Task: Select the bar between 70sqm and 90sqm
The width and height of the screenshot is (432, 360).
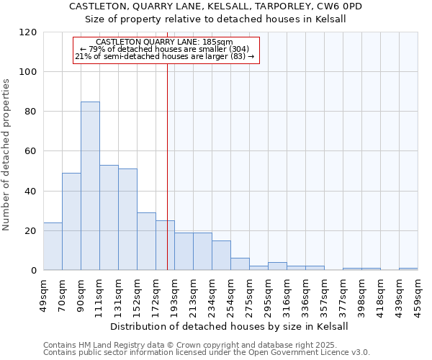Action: (71, 222)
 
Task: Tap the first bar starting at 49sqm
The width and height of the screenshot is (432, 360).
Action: (53, 246)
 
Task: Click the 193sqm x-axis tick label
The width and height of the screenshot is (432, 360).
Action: (174, 293)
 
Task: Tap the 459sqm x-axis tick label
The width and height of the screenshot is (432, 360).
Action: (418, 293)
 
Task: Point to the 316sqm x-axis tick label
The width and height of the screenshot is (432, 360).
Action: (287, 293)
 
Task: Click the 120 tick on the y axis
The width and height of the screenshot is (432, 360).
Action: (28, 32)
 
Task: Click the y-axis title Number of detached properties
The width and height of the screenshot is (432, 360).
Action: (7, 155)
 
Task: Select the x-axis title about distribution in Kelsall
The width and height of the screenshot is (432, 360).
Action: (230, 326)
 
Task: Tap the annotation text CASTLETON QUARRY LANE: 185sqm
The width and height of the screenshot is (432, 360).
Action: (164, 42)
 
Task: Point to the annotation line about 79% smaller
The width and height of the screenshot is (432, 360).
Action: (164, 49)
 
